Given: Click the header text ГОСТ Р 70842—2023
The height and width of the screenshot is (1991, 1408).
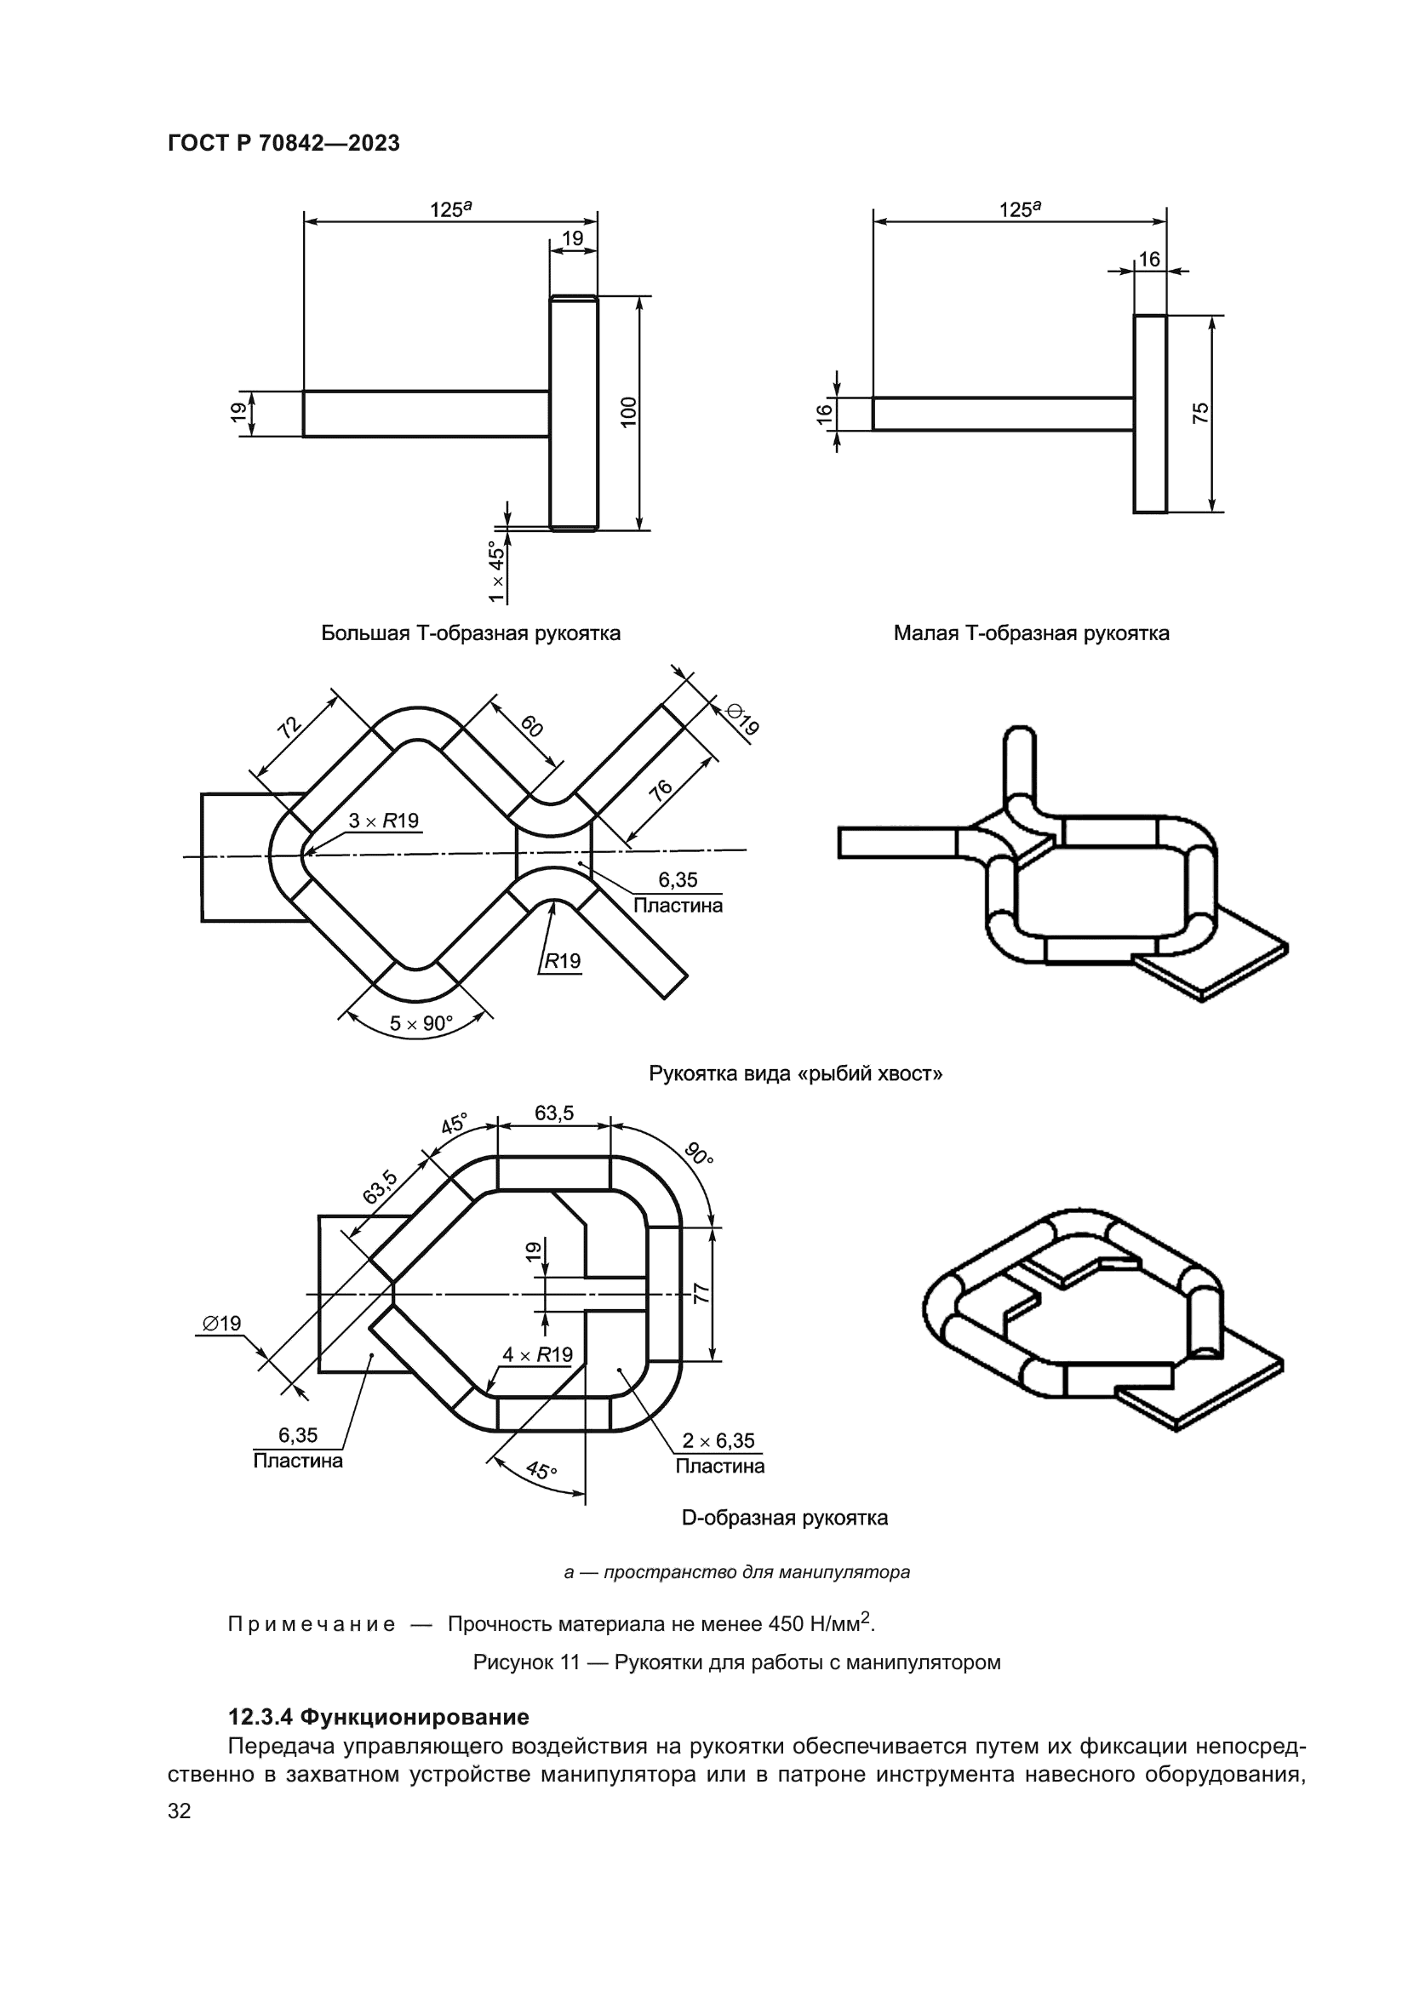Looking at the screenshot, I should click(x=283, y=144).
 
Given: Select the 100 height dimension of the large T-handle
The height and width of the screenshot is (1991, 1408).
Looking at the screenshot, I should click(x=629, y=411).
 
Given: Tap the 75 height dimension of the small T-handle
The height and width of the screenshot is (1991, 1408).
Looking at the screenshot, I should click(x=1200, y=413).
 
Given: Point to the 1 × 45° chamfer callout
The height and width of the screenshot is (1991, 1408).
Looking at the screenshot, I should click(x=496, y=571).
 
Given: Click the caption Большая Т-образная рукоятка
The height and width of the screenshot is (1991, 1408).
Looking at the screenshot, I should click(x=471, y=633).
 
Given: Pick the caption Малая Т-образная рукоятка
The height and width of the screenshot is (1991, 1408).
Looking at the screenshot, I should click(x=1031, y=633).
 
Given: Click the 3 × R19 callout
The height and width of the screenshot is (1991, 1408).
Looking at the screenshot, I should click(x=383, y=821).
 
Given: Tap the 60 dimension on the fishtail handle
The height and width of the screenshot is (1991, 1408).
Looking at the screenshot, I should click(x=532, y=726).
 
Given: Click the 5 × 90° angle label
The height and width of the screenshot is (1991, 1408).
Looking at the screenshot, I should click(x=421, y=1023).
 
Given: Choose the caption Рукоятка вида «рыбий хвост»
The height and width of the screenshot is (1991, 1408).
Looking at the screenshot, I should click(x=795, y=1074).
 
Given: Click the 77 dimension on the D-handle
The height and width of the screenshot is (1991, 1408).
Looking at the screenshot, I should click(x=702, y=1294).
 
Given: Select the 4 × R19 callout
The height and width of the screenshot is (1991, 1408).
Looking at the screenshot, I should click(x=537, y=1354).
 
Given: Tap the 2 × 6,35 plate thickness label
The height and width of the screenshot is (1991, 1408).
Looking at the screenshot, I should click(x=718, y=1440).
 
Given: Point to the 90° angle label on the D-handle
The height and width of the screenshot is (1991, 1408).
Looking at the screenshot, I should click(x=698, y=1154).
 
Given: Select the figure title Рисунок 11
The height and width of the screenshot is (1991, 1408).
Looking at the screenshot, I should click(x=736, y=1662).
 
